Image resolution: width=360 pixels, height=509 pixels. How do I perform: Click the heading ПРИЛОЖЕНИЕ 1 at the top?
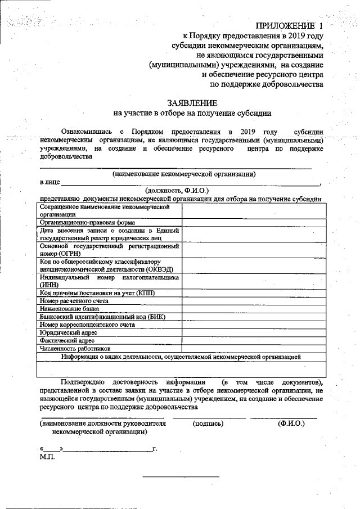click(x=290, y=26)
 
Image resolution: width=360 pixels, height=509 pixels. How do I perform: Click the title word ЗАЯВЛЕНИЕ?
click(x=191, y=103)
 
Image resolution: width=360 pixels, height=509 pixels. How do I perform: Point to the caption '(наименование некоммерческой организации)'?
click(x=184, y=174)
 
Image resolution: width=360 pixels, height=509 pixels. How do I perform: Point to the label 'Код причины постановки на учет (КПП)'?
click(x=97, y=293)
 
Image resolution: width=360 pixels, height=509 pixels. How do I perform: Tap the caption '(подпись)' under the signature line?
click(x=208, y=424)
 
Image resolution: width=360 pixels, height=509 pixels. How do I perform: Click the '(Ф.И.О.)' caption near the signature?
click(x=291, y=424)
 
